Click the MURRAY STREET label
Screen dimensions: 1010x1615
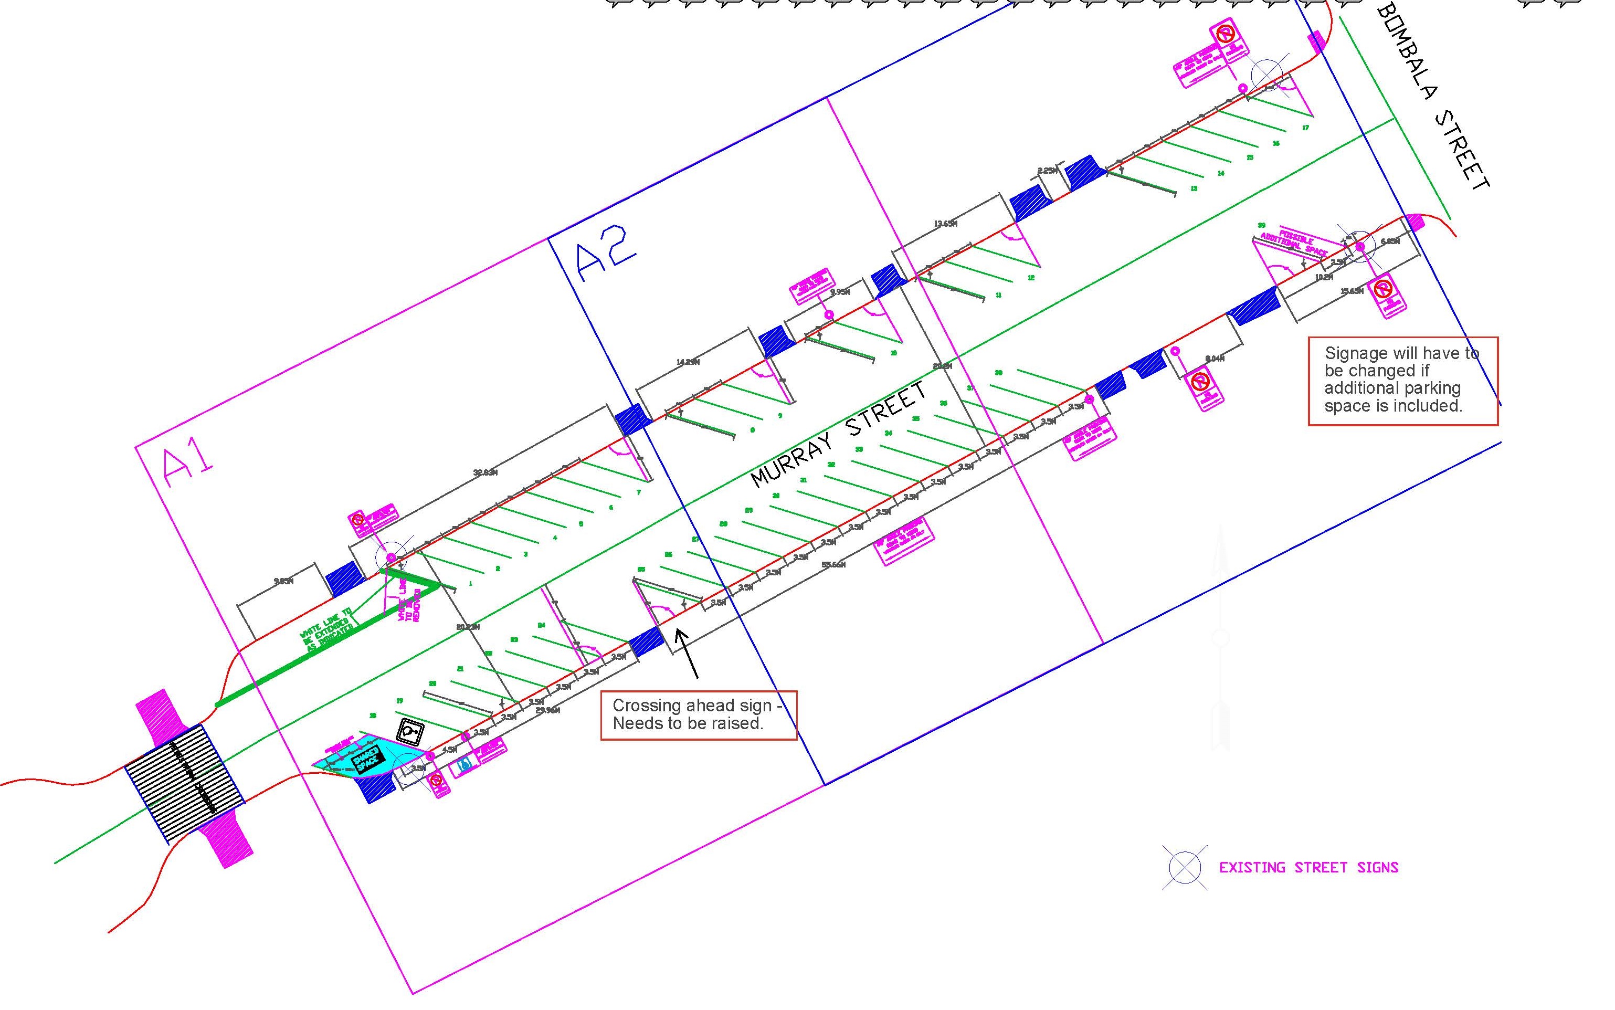tap(839, 435)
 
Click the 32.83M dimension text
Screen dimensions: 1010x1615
tap(485, 473)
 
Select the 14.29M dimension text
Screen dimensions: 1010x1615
tap(688, 362)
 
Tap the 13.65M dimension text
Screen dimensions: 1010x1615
tap(945, 224)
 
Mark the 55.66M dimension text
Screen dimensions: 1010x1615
tap(833, 564)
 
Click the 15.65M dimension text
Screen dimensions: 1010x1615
tap(1352, 291)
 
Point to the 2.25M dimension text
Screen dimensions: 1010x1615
tap(1047, 171)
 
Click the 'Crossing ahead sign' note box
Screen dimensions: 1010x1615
tap(699, 715)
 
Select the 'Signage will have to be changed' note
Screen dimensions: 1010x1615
tap(1402, 380)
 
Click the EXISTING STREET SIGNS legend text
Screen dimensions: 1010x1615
tap(1308, 868)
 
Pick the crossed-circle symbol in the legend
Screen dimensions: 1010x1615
tap(1184, 868)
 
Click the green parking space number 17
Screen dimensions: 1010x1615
tap(1305, 128)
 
